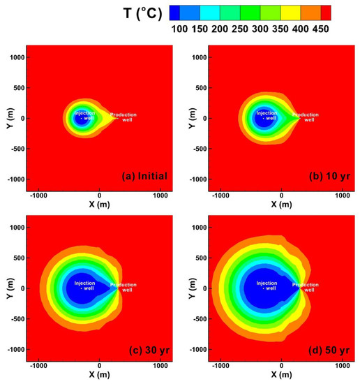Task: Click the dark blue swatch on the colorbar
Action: tap(180, 12)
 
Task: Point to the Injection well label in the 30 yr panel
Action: tap(85, 286)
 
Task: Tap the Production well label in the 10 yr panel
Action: tap(305, 117)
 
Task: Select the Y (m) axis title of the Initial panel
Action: tap(7, 118)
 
